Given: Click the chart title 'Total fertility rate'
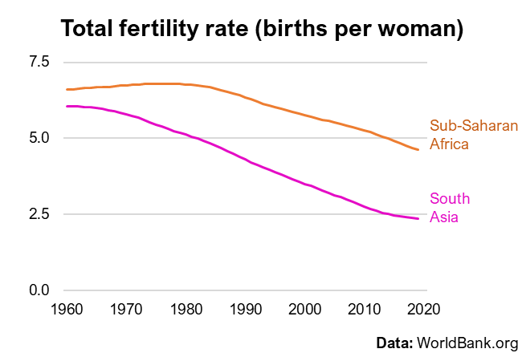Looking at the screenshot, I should point(263,29).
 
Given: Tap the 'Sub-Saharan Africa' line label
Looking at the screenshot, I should point(474,136).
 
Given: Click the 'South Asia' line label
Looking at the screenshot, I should point(450,208).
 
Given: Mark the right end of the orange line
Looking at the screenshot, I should point(418,150).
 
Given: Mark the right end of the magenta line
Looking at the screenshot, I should point(418,219).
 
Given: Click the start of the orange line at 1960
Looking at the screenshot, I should point(67,89).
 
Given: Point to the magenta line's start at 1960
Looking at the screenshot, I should point(67,106).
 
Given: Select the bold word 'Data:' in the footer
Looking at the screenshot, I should point(394,343).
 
